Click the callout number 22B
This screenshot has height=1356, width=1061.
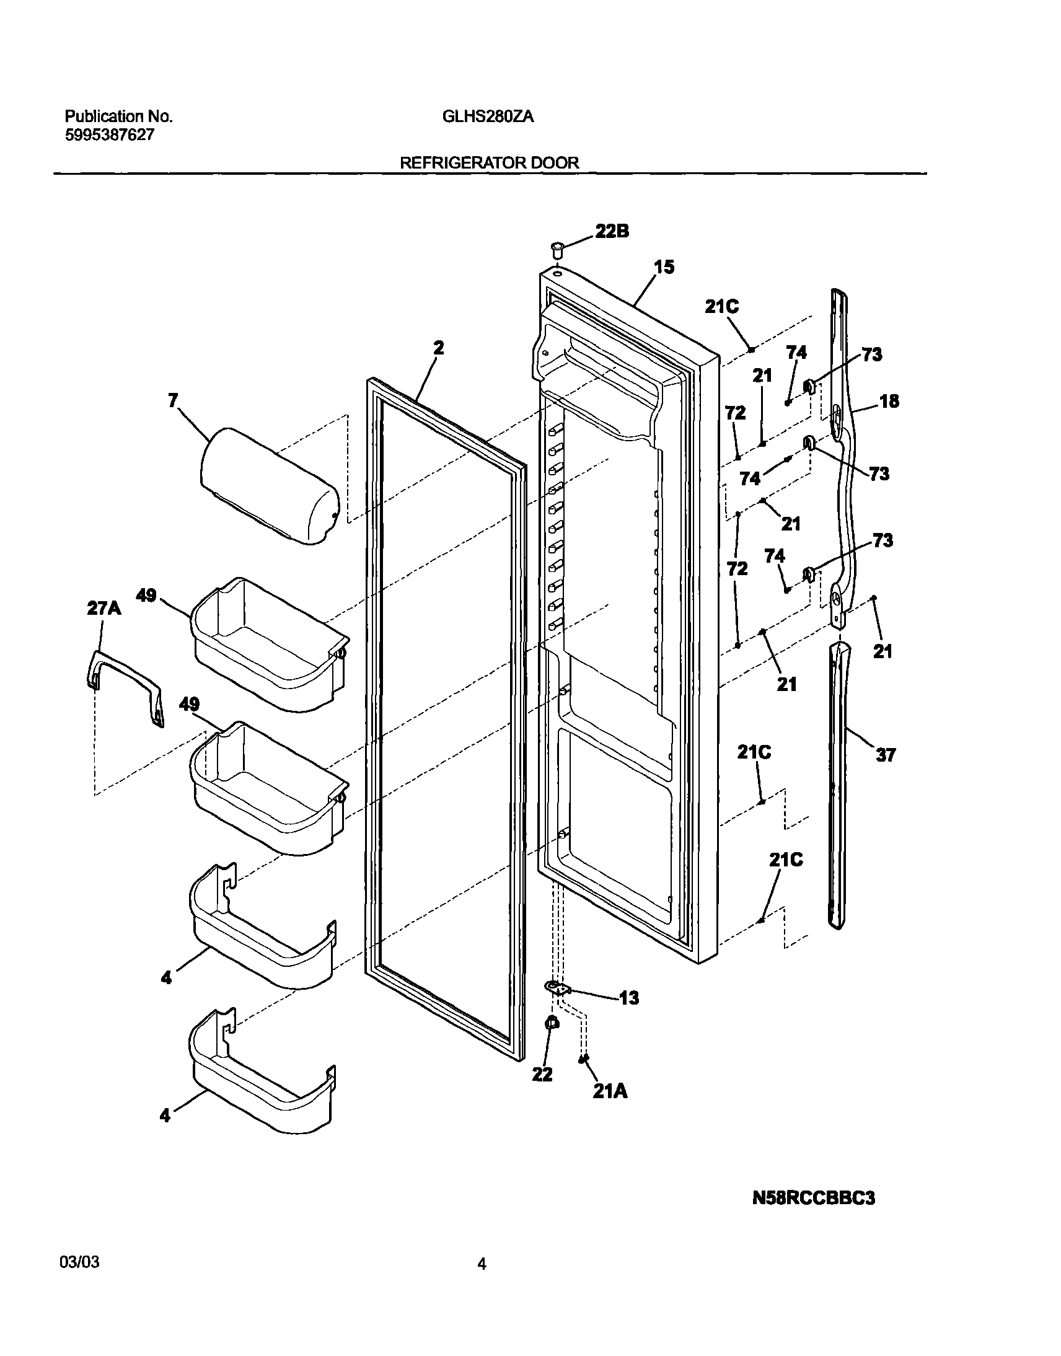coord(612,231)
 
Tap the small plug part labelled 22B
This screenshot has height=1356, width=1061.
coord(557,251)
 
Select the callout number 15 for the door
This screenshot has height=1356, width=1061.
coord(664,267)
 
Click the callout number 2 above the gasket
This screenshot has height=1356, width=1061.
coord(439,348)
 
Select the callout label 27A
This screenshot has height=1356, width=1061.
coord(103,608)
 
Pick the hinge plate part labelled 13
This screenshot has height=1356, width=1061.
coord(557,988)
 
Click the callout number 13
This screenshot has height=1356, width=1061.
coord(628,998)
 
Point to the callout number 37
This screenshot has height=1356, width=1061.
coord(885,755)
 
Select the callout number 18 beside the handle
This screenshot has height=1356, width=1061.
coord(889,401)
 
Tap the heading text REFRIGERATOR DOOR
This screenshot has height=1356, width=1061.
coord(489,163)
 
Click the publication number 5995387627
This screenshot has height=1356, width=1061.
coord(109,134)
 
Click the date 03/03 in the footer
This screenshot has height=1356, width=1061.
coord(79,1262)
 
